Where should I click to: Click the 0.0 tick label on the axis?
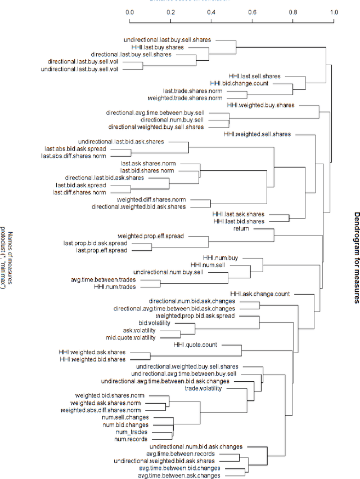pyautogui.click(x=129, y=12)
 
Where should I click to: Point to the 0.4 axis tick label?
pyautogui.click(x=211, y=12)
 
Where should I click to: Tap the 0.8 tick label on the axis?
pyautogui.click(x=293, y=12)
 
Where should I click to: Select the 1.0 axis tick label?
pyautogui.click(x=334, y=12)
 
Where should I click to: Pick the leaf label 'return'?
pyautogui.click(x=241, y=229)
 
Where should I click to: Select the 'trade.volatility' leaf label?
pyautogui.click(x=203, y=388)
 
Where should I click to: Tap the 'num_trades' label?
pyautogui.click(x=132, y=432)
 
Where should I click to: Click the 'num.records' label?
pyautogui.click(x=131, y=439)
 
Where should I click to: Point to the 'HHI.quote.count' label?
pyautogui.click(x=195, y=345)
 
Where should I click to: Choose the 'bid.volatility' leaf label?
pyautogui.click(x=154, y=323)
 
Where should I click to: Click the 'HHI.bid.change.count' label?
pyautogui.click(x=240, y=83)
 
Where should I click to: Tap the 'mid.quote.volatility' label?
pyautogui.click(x=130, y=338)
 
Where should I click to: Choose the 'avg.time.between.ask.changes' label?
pyautogui.click(x=179, y=476)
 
